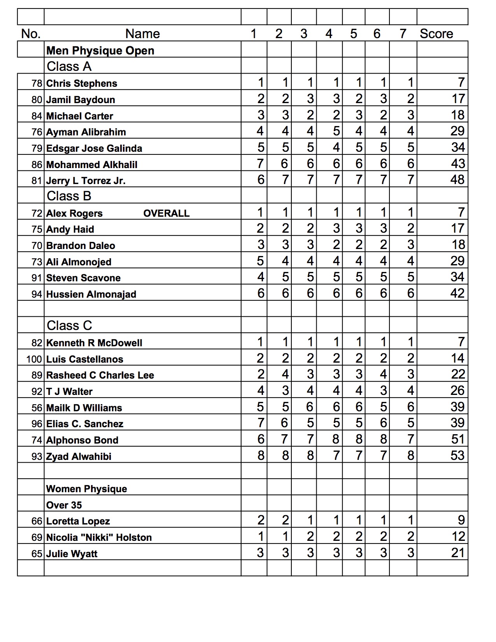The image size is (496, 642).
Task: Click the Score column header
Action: point(436,34)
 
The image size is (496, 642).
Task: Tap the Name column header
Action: point(142,34)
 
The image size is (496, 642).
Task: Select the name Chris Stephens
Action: point(82,83)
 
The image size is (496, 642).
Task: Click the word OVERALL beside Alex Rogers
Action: point(167,213)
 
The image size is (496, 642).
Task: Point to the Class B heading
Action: point(69,196)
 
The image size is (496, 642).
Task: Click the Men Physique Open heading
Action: point(100,51)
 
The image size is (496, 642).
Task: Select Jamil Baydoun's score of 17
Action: point(458,99)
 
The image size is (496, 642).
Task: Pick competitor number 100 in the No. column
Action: point(34,359)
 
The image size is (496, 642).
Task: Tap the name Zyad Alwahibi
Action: point(79,456)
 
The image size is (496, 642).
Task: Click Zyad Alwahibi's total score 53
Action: point(457,456)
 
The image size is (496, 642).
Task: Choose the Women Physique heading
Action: point(86,489)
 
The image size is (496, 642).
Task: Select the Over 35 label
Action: point(64,505)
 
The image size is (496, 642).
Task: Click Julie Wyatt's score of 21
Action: point(458,553)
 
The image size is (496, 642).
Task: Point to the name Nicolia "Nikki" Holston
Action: point(99,538)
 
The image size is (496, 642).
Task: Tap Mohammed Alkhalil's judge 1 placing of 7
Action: point(260,164)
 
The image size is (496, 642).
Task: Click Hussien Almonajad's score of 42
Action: point(457,293)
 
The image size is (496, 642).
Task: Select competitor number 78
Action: point(37,83)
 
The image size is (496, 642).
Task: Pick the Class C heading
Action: point(69,326)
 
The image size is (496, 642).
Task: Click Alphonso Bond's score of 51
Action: point(458,439)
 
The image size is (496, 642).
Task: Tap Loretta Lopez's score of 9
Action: point(461,520)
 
